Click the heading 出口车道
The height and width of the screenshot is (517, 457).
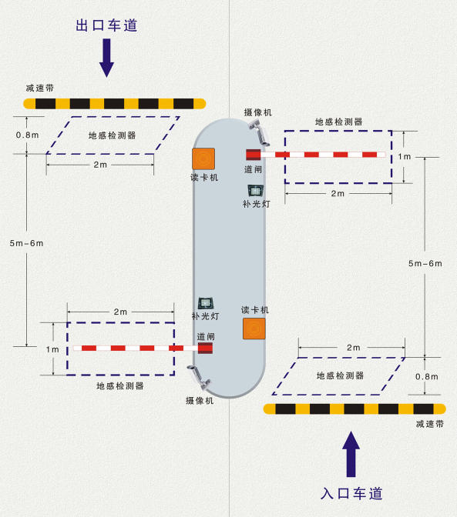pos(106,25)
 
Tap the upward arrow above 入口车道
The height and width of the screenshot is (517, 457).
pos(351,453)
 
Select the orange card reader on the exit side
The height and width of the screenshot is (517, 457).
pos(203,158)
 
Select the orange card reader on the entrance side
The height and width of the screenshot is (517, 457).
pos(254,329)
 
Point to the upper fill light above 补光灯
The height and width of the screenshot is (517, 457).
pos(255,189)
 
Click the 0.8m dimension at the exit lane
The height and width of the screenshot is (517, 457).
pos(27,135)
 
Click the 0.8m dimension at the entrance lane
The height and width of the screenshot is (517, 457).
pos(426,377)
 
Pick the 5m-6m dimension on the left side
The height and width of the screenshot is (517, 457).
pos(26,243)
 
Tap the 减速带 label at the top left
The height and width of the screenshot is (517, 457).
pos(39,88)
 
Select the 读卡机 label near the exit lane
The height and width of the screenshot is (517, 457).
pos(204,177)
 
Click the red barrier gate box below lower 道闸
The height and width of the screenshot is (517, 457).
pos(205,349)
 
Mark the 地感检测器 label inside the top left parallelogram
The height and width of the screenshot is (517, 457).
pos(113,135)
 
